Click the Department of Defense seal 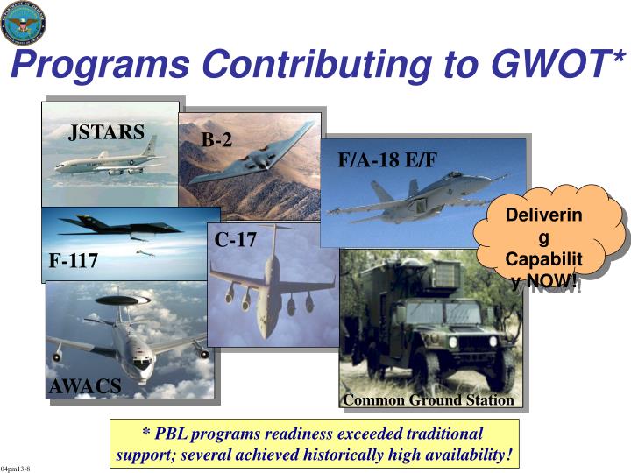[x=24, y=23]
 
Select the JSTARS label [x=106, y=132]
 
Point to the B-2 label [x=216, y=139]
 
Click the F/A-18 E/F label [x=386, y=159]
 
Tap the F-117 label [x=73, y=261]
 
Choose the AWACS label [x=85, y=386]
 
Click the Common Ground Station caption [x=429, y=400]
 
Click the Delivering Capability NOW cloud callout [x=546, y=238]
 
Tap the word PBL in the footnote [x=173, y=434]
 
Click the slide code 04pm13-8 [x=16, y=469]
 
